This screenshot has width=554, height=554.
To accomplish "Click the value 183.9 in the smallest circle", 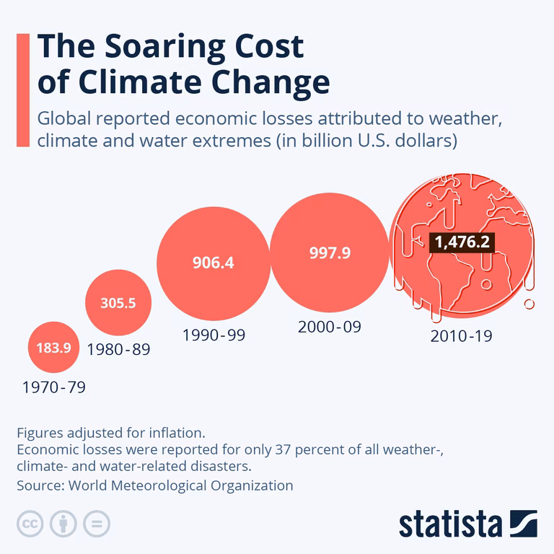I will point(53,348).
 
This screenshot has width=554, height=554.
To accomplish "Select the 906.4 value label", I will point(213,263).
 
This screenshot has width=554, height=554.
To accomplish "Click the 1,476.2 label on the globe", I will point(462,242).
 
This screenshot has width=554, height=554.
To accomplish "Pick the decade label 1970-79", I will point(54,387).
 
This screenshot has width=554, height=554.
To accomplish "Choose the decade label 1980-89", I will point(118,350).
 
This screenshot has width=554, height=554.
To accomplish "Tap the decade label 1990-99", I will point(213,335).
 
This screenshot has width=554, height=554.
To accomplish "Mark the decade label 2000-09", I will point(329,327).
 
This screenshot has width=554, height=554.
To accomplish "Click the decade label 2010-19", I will point(461,335).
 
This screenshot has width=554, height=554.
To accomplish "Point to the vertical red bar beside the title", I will point(22,90).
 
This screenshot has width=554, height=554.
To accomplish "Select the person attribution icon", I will point(63,523).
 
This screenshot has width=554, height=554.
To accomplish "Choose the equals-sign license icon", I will point(96,523).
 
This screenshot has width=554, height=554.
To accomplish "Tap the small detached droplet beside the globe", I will point(529,304).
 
